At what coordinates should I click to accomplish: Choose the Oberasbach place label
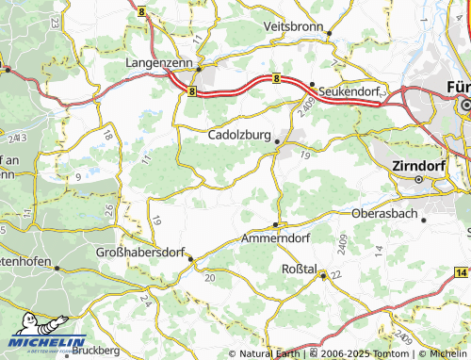(x=385, y=213)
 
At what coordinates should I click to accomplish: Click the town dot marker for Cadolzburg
(x=277, y=141)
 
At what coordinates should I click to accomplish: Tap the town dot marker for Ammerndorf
(x=275, y=224)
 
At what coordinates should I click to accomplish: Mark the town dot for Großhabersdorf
(x=190, y=258)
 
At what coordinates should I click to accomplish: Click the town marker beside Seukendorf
(x=312, y=83)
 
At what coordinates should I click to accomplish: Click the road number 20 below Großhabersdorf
(x=209, y=277)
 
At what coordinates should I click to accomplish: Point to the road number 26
(x=110, y=208)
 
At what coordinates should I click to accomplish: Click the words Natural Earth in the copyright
(x=271, y=354)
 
